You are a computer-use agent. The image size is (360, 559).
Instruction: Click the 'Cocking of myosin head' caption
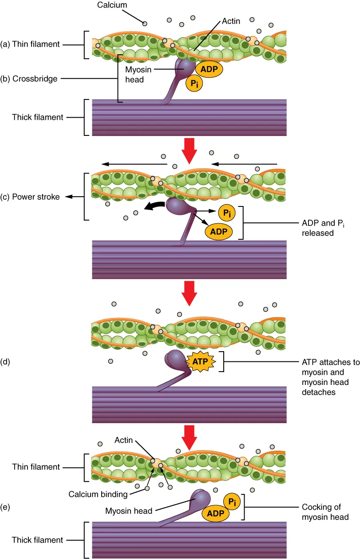324,511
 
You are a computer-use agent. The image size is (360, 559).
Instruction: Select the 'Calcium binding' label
98,494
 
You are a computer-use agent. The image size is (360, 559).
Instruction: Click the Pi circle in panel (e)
232,501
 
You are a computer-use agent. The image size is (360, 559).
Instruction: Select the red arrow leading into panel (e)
189,436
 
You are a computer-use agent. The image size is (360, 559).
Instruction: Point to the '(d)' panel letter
6,361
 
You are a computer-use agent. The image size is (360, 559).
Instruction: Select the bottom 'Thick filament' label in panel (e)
37,540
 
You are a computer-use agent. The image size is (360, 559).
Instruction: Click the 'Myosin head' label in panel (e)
128,511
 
